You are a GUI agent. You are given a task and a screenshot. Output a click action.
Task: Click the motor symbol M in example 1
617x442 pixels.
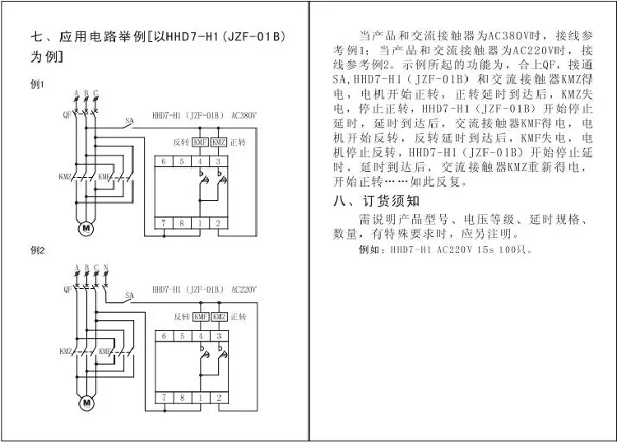pos(86,228)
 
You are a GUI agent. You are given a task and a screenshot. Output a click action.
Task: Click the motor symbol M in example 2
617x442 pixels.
pos(86,402)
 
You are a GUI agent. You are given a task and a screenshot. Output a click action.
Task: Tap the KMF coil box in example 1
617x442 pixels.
pos(200,142)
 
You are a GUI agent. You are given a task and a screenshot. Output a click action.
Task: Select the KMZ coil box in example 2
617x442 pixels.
pos(219,316)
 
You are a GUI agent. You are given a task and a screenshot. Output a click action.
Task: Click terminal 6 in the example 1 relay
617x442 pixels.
pos(164,161)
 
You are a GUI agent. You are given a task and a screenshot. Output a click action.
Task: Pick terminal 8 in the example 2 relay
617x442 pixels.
pos(182,398)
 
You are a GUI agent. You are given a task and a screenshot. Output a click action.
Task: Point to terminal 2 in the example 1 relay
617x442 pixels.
pos(218,223)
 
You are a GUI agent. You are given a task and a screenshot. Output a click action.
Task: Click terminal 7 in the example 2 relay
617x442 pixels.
pos(164,398)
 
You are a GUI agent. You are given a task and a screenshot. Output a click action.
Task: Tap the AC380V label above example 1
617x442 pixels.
pos(244,115)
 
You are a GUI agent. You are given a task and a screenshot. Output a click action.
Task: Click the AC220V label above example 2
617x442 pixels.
pos(244,290)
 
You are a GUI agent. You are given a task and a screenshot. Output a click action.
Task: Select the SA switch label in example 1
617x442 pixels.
pos(129,121)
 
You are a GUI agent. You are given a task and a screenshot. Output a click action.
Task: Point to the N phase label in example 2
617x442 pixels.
pos(106,268)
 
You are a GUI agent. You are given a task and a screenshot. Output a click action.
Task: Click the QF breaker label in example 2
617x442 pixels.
pos(67,289)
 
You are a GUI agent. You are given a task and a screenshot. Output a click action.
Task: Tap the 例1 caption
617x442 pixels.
pos(37,84)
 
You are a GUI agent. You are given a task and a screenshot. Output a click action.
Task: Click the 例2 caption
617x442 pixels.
pos(38,250)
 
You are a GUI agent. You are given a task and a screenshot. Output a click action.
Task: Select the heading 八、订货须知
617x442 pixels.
pos(376,201)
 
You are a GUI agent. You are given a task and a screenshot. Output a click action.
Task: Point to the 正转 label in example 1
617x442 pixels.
pos(238,142)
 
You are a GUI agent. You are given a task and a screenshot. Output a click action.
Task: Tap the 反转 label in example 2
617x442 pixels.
pos(182,316)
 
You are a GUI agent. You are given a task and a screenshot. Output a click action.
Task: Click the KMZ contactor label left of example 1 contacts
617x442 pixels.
pos(65,177)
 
